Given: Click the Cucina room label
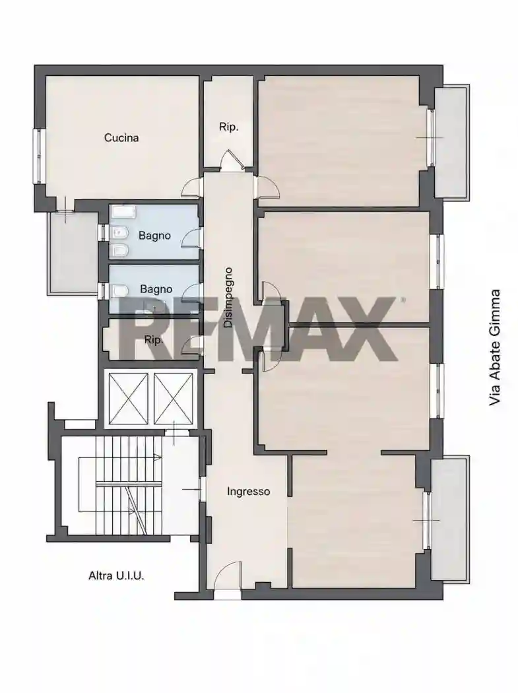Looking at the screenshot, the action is tap(121, 138).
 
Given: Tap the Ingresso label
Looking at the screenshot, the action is tap(248, 492).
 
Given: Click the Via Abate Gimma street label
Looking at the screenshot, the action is tap(495, 347).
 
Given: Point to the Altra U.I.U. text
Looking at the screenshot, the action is tap(116, 576).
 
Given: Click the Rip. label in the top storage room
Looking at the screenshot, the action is tap(228, 127).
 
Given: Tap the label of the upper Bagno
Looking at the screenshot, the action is tap(154, 236).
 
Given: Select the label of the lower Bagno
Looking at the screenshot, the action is tap(156, 289).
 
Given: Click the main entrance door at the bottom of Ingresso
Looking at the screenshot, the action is tap(228, 575).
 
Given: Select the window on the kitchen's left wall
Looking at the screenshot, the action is tap(38, 156).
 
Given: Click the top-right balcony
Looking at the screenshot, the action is tap(451, 141).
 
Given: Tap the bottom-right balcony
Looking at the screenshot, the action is tap(449, 520).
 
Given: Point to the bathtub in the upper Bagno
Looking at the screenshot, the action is tap(124, 212).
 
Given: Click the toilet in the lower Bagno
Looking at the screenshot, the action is tap(119, 290).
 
